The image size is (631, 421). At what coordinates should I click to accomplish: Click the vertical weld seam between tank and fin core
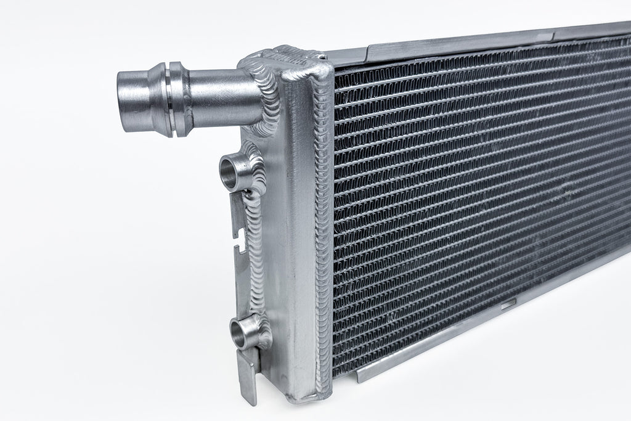coord(324,234)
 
